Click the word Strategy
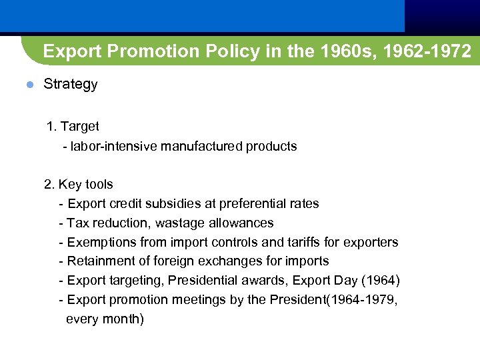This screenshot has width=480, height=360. pos(70,85)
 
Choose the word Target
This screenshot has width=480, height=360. pos(79,126)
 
